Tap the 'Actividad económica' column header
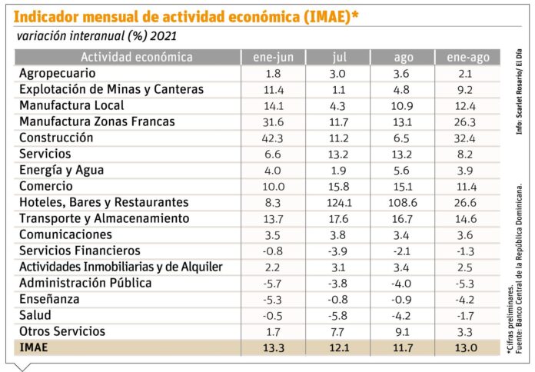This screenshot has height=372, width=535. [128, 58]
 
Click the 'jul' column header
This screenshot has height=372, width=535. [338, 58]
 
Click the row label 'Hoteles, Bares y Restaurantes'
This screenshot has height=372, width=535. [103, 202]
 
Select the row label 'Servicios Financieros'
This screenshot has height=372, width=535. [79, 251]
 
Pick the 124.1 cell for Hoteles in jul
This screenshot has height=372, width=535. [338, 202]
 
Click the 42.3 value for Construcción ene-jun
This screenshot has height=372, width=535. [274, 138]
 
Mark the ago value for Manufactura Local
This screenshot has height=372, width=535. [403, 105]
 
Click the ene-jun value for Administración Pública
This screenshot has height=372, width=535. [274, 283]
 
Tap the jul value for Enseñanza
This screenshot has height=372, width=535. [338, 299]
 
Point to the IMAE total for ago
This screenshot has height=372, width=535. [403, 348]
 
